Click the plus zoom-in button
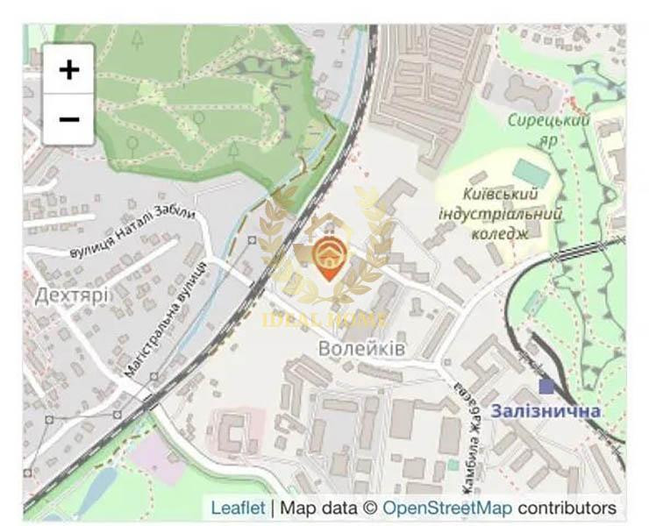(68, 69)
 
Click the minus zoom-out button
(68, 118)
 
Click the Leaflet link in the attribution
(238, 508)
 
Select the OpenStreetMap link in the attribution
(447, 508)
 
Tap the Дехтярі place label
(73, 295)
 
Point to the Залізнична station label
(546, 411)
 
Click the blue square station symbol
(546, 386)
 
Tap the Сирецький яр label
(549, 128)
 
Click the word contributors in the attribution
(567, 508)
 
